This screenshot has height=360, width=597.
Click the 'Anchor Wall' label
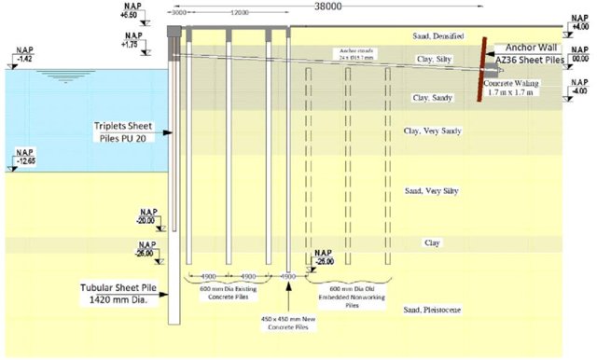(x=533, y=47)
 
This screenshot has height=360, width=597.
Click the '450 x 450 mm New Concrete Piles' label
(x=290, y=324)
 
